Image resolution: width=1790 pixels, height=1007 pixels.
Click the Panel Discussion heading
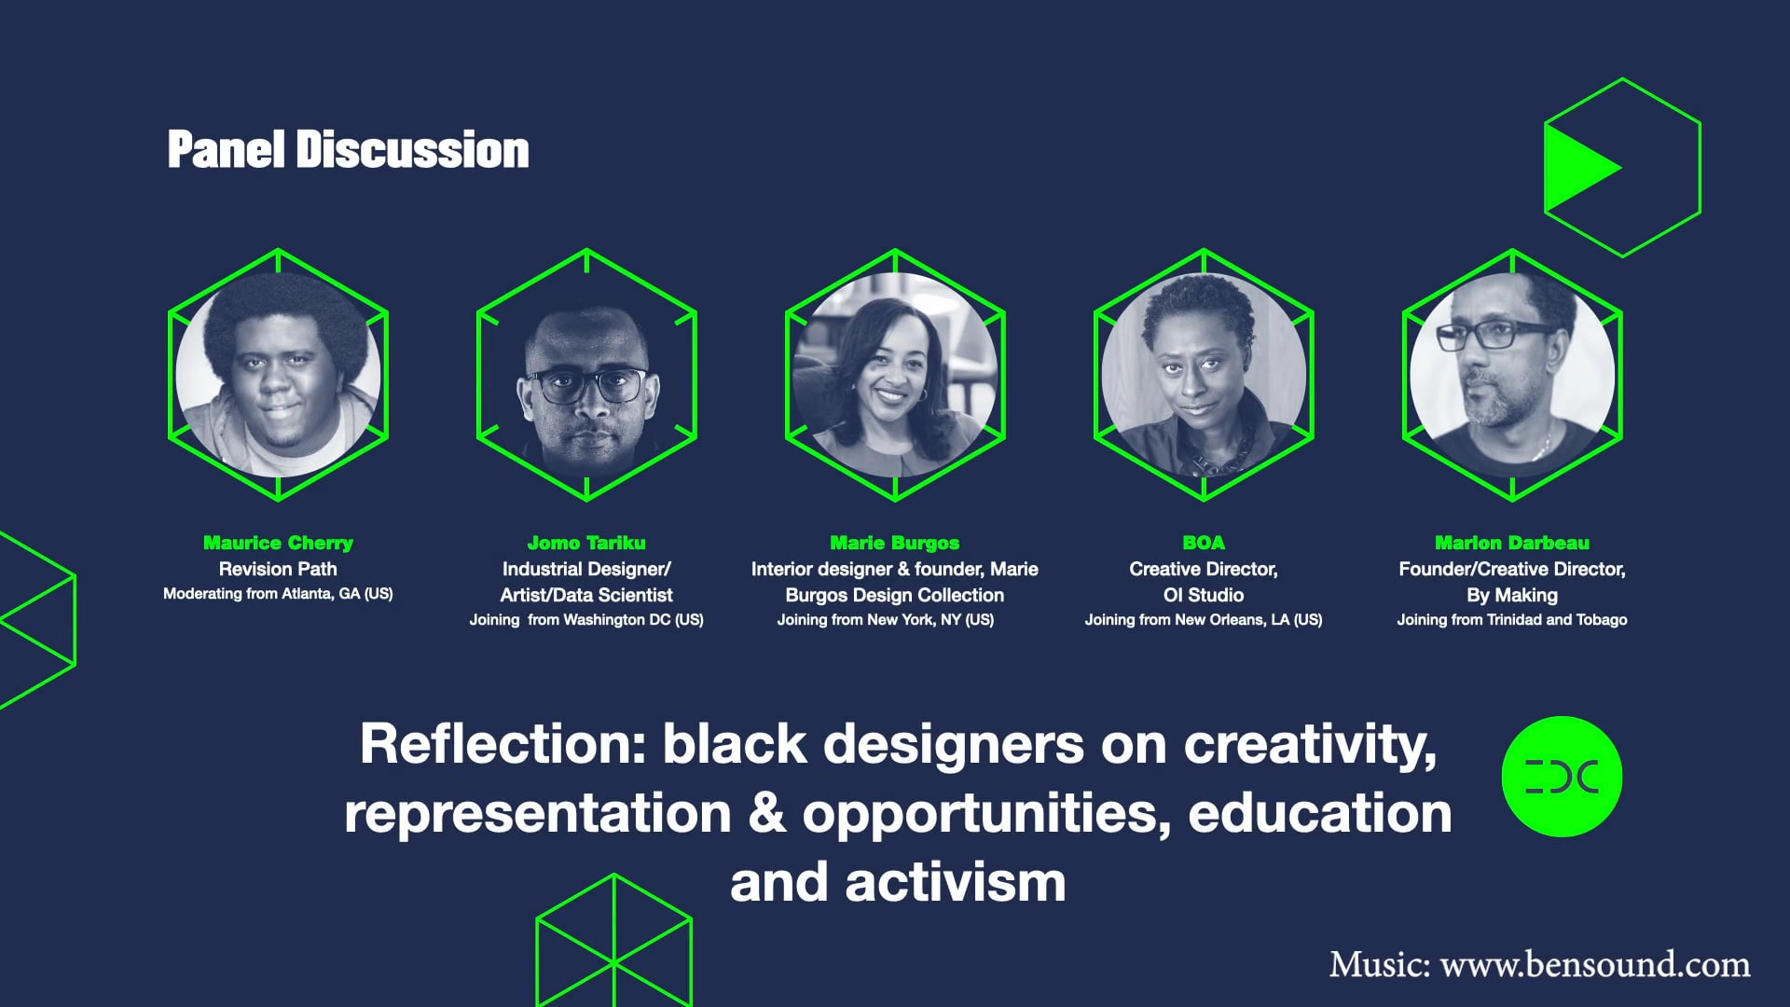coord(348,150)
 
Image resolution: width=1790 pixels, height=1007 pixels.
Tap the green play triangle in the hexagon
coord(1578,169)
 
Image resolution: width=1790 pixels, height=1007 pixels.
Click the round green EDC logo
coord(1562,777)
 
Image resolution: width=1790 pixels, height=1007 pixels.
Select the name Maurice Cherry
coord(278,543)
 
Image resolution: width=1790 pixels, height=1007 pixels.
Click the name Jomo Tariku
coord(586,543)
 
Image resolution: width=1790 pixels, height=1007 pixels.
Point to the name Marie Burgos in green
coord(894,543)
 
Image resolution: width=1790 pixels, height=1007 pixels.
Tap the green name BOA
coord(1203,543)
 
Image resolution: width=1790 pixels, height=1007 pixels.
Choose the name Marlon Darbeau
coord(1511,543)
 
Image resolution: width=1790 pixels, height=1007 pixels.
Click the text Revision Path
coord(278,569)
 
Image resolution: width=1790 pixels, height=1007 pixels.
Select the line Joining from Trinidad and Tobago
coord(1511,620)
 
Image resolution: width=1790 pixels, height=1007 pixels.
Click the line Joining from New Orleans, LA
coord(1203,620)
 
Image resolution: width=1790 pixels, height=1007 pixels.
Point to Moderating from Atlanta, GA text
coord(278,594)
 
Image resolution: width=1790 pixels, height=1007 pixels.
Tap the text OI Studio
coord(1203,595)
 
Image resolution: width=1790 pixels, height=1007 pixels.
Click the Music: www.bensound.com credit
coord(1539,964)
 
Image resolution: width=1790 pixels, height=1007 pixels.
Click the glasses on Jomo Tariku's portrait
coord(587,384)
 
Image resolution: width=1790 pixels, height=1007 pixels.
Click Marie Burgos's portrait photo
coord(894,375)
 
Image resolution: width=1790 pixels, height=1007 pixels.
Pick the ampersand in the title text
coord(766,813)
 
